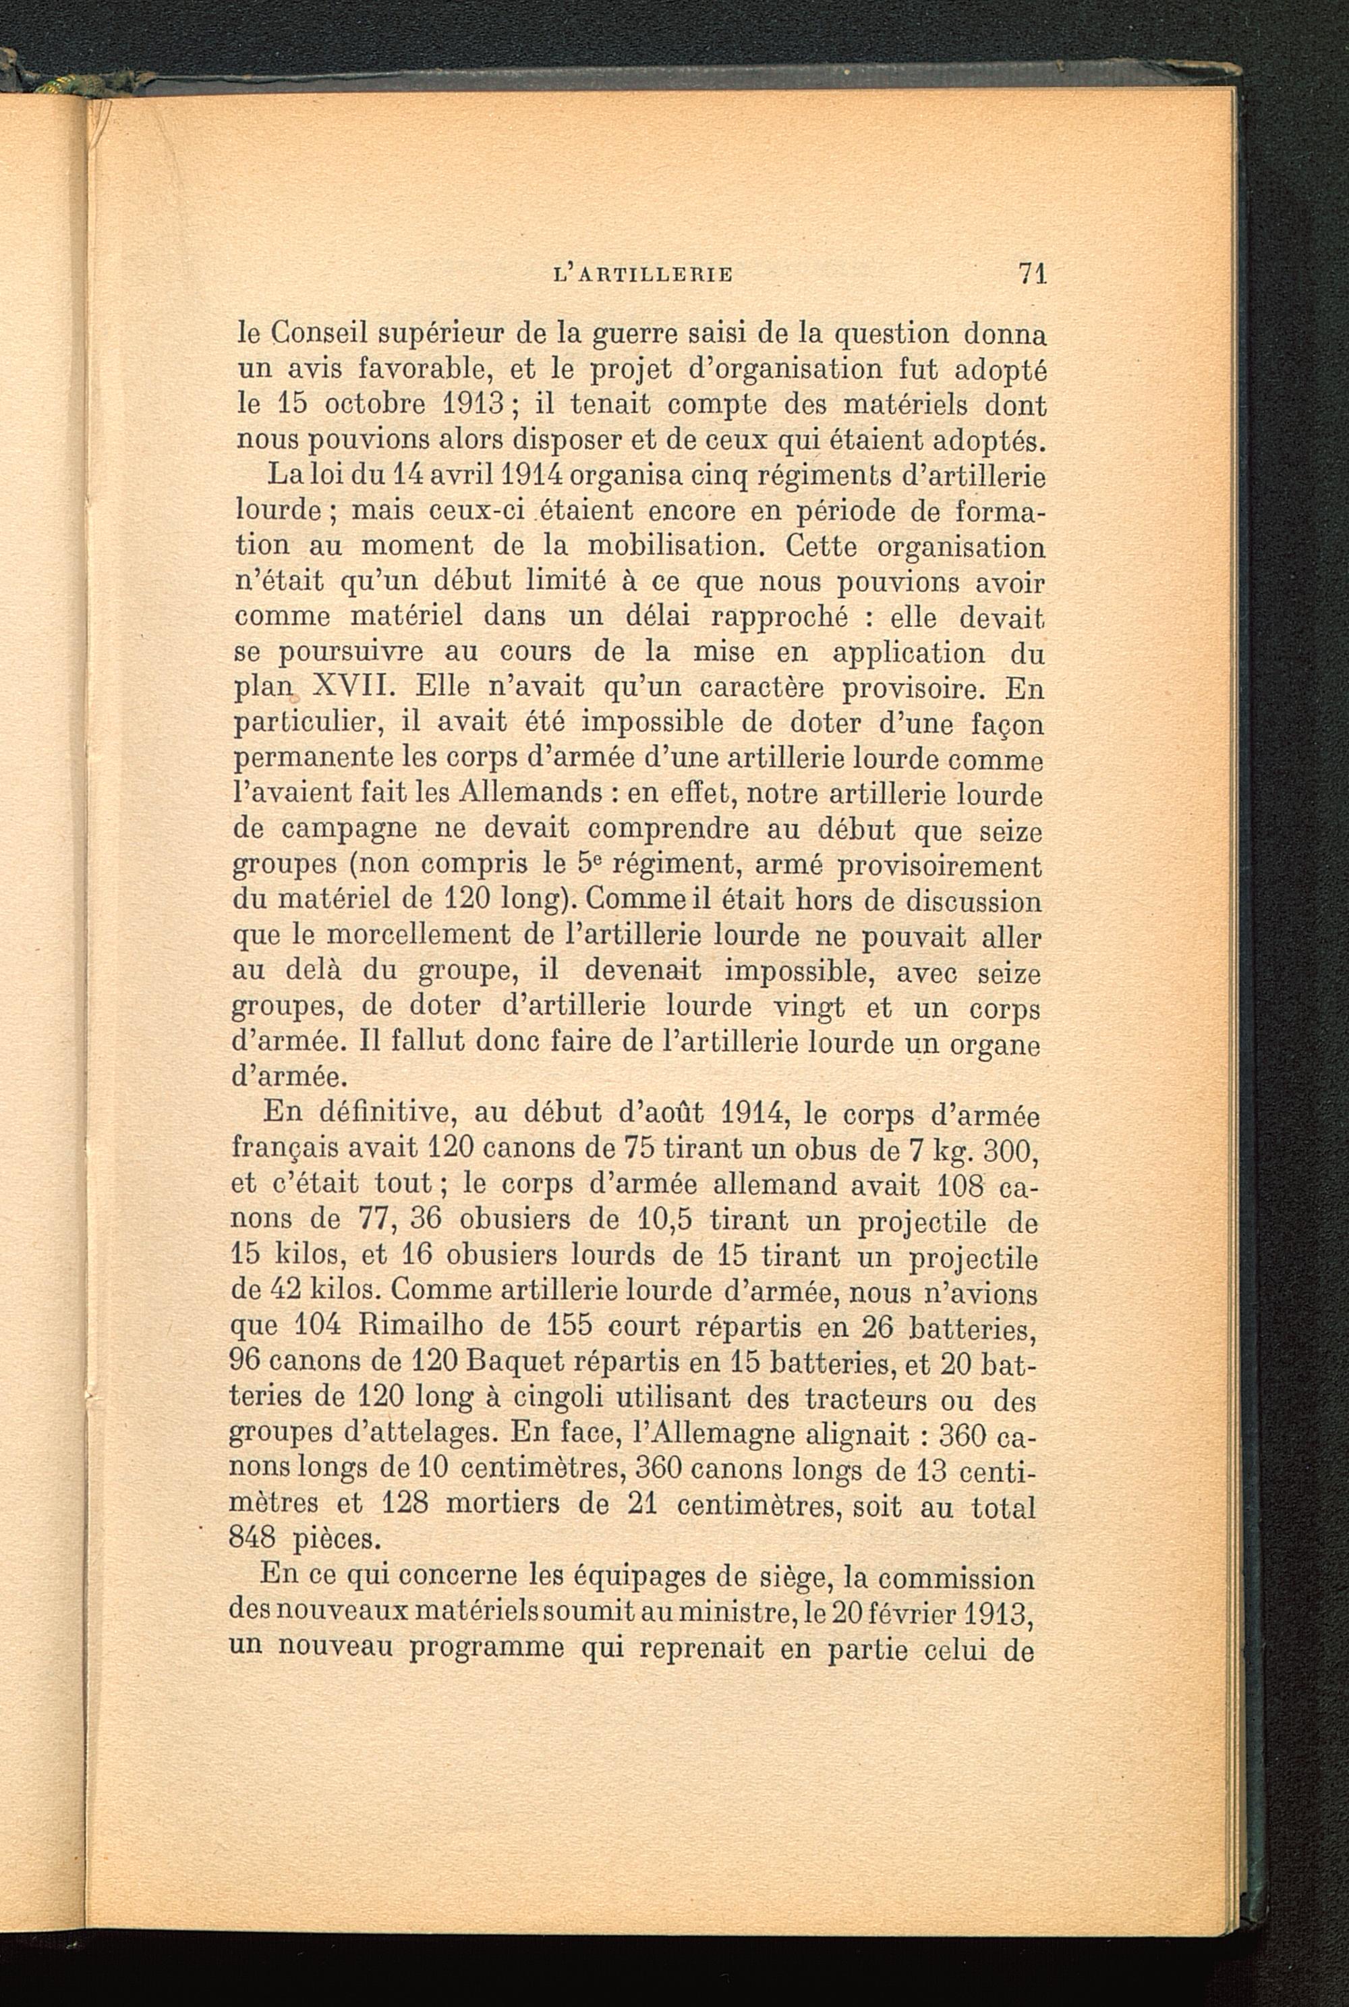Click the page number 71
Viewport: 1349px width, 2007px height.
click(1031, 274)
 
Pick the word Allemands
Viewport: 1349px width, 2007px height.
click(531, 794)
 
